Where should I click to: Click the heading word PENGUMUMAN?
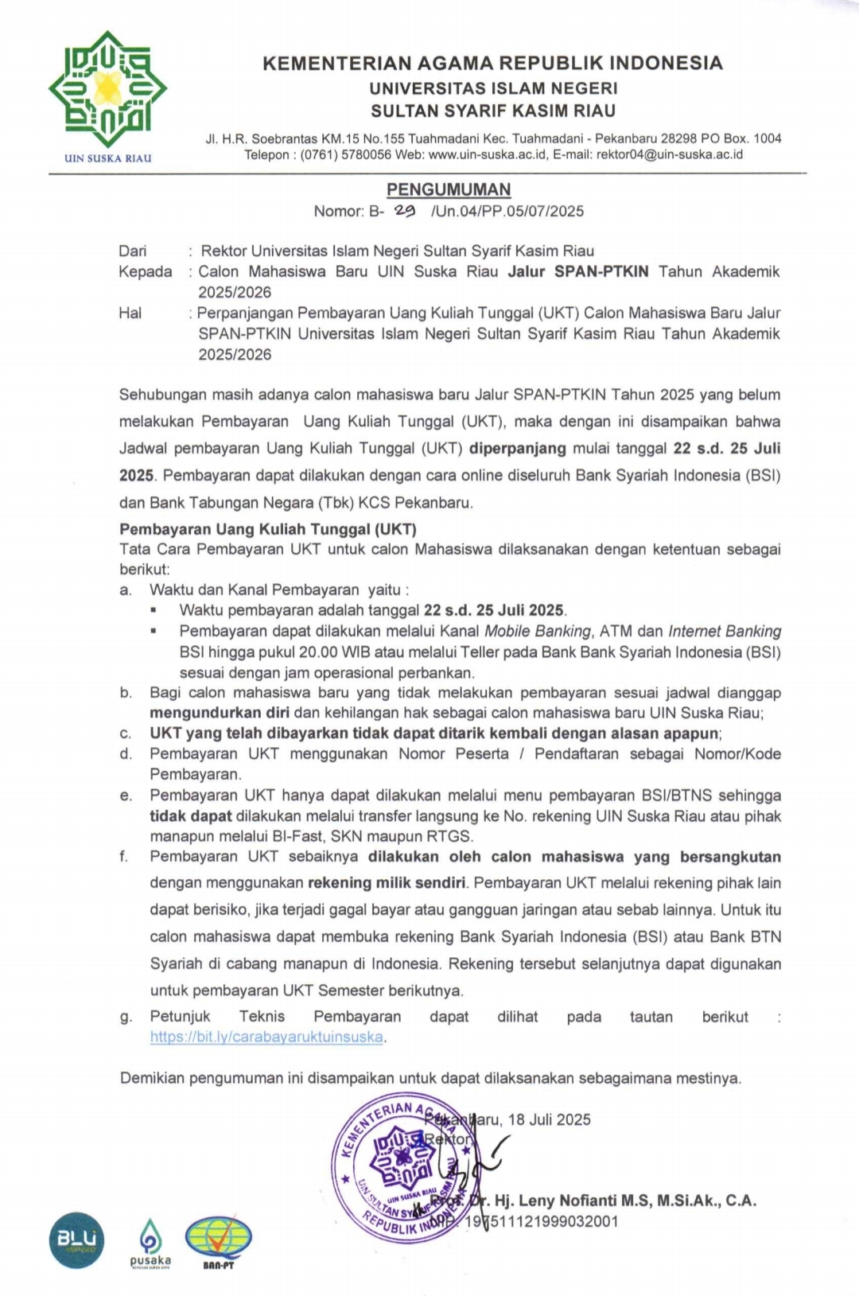(x=449, y=189)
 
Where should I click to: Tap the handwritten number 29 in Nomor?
(x=405, y=210)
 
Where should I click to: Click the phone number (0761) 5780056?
(x=346, y=154)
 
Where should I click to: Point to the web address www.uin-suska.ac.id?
(x=488, y=154)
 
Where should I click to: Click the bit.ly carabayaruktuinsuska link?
(x=266, y=1037)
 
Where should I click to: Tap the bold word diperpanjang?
(x=517, y=448)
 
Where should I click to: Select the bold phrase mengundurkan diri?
(x=220, y=713)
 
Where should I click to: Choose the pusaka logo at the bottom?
(x=150, y=1243)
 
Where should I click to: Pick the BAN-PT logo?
(x=218, y=1242)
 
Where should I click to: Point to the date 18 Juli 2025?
(x=549, y=1119)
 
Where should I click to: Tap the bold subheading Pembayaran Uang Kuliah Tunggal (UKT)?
(x=268, y=529)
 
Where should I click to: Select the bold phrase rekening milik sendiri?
(x=387, y=882)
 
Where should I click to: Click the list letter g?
(x=125, y=1017)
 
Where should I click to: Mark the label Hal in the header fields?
(x=130, y=313)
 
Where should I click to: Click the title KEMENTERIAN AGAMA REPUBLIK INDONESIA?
(x=492, y=63)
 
